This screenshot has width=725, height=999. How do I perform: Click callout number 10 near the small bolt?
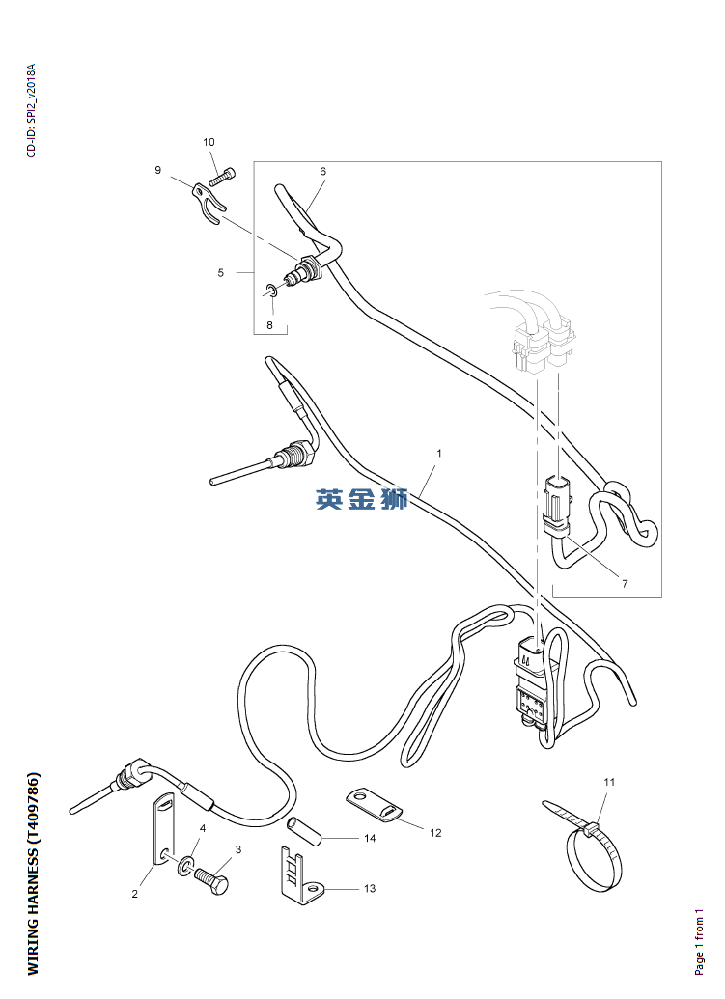pos(209,142)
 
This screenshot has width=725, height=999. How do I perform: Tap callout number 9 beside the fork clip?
pos(157,170)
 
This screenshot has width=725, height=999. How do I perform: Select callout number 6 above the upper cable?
pos(322,171)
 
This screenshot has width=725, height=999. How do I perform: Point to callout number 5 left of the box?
pos(220,273)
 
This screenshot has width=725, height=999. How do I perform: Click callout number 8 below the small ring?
pos(270,325)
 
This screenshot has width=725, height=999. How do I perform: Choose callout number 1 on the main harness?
pos(439,452)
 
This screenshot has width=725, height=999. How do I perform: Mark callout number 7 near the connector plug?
pos(625,584)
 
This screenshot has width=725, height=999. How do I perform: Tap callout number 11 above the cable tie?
pos(608,781)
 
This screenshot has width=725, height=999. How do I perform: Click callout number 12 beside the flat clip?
pos(435,831)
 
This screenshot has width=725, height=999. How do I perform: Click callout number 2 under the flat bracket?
pos(135,894)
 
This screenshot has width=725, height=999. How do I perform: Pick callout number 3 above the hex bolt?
pos(238,849)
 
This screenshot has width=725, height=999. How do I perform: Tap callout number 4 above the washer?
pos(203,828)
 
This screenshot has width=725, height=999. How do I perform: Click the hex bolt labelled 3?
pos(211,878)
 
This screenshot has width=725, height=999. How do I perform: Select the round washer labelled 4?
pos(183,860)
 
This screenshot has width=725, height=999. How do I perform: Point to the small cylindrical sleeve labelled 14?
pos(299,826)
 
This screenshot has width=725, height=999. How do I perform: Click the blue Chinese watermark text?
pos(362,499)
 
